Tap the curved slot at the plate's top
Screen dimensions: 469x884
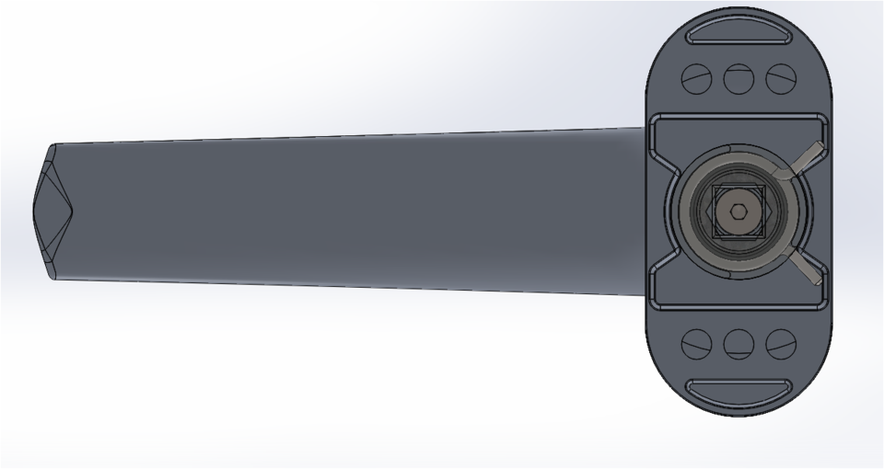[739, 34]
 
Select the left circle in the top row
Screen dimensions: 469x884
[696, 78]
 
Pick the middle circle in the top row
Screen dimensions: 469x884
[739, 78]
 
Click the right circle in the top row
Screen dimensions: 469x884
[781, 78]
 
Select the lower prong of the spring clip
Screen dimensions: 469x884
[808, 269]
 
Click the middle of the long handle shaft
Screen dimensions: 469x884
[350, 212]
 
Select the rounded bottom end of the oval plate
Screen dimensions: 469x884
[739, 410]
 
